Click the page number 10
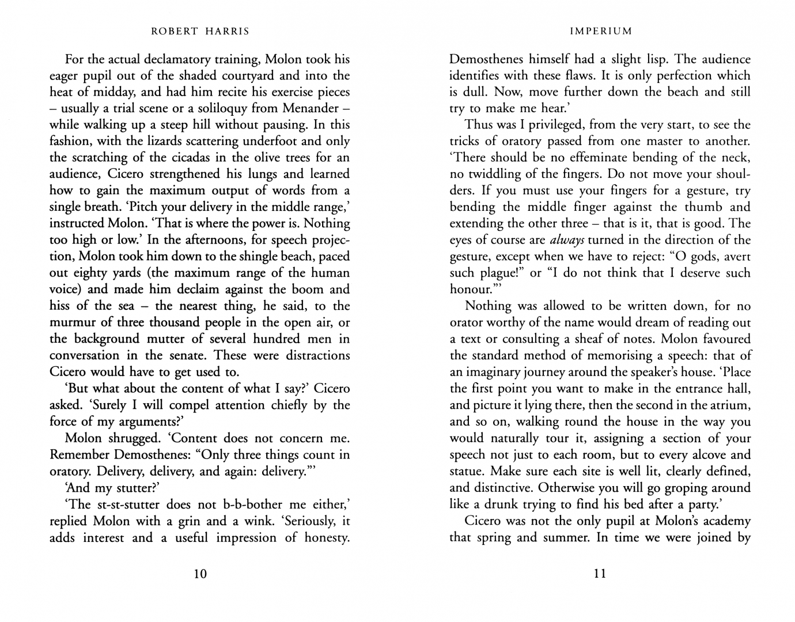tap(200, 574)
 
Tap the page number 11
tap(600, 574)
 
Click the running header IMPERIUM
tap(600, 31)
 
